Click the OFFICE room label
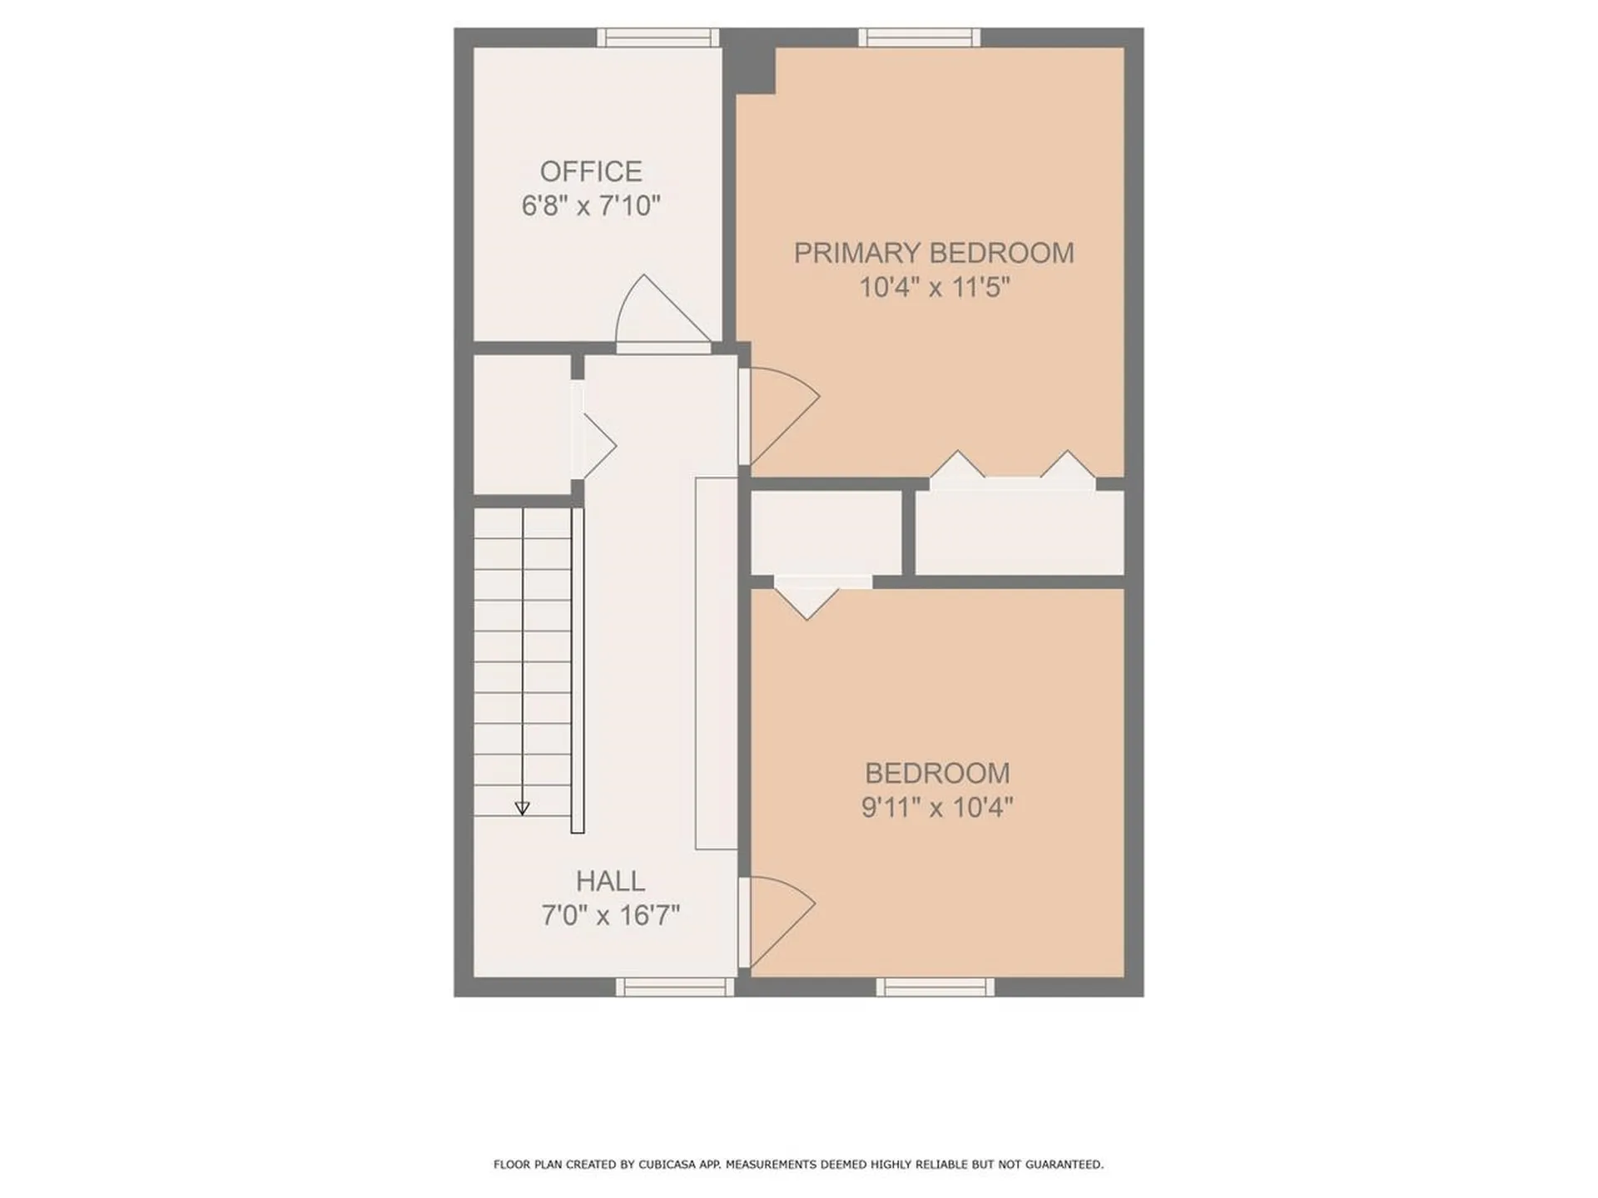coord(591,171)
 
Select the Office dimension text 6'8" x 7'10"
coord(591,205)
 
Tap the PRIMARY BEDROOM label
coord(934,253)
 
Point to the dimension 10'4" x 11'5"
coord(934,288)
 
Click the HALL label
coord(610,881)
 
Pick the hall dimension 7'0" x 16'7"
coord(610,916)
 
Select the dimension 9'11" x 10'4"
coord(937,807)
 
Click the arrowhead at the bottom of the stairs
coord(522,808)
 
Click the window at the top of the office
coord(658,37)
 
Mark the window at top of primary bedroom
coord(919,37)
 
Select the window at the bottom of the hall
coord(675,988)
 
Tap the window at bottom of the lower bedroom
coord(935,988)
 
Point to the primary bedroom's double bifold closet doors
coord(1012,473)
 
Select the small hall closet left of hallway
coord(522,424)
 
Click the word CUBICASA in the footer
coord(657,1165)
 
